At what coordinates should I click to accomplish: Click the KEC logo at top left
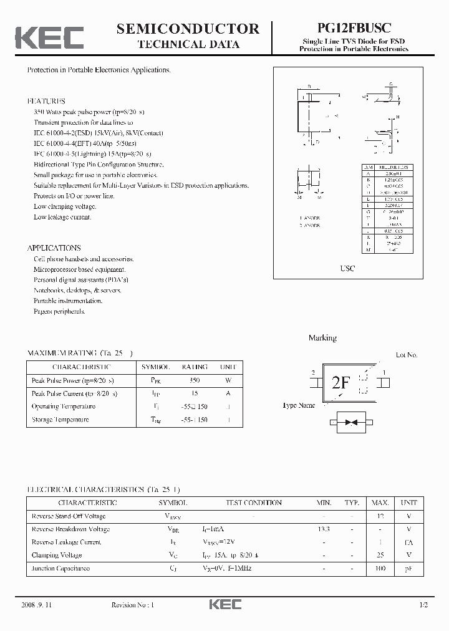click(x=49, y=37)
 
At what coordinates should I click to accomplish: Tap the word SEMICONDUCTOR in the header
click(x=188, y=28)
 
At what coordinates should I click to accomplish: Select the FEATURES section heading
click(x=46, y=100)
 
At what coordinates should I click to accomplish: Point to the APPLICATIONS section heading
click(x=54, y=248)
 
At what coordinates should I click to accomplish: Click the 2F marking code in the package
click(x=341, y=383)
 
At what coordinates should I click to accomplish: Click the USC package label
click(x=347, y=268)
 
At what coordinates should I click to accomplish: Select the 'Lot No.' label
click(x=407, y=355)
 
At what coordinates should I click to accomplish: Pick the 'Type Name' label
click(x=299, y=405)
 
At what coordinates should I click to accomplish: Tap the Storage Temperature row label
click(x=60, y=420)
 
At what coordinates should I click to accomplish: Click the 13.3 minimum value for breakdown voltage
click(x=323, y=529)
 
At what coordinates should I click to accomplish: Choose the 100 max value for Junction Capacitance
click(x=380, y=568)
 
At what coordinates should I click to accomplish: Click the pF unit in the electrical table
click(x=409, y=568)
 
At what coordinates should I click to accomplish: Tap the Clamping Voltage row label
click(x=57, y=555)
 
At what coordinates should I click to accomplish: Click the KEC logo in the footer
click(x=224, y=605)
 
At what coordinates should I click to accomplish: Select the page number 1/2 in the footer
click(x=424, y=605)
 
